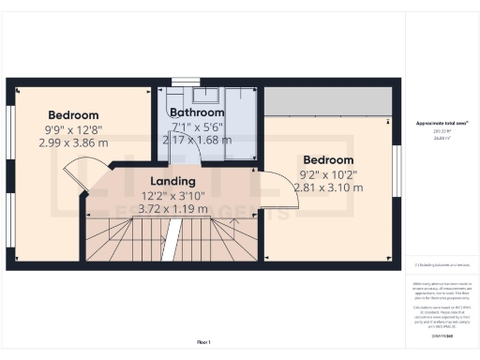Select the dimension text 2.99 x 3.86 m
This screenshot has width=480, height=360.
[75, 143]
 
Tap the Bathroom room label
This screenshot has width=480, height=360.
[196, 112]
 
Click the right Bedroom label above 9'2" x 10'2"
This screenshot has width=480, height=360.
[328, 158]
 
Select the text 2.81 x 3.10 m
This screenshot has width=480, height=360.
[328, 187]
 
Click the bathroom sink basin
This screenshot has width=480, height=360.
[205, 94]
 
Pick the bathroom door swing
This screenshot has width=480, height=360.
[192, 150]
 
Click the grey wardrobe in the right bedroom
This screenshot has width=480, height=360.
[327, 100]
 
